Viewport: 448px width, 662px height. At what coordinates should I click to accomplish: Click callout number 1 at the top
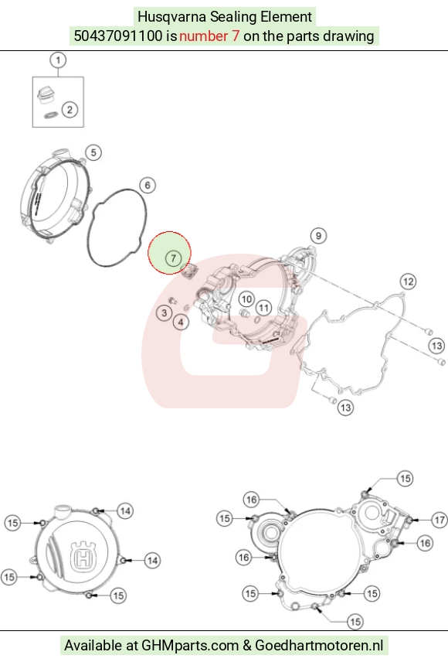click(58, 60)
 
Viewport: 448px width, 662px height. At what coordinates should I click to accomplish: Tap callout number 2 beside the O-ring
click(70, 110)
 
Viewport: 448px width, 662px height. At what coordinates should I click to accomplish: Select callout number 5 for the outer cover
click(93, 152)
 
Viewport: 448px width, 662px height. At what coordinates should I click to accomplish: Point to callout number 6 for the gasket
click(148, 185)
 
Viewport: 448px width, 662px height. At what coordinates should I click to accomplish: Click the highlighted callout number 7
click(173, 258)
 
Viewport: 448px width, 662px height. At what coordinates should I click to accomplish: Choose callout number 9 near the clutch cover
click(318, 236)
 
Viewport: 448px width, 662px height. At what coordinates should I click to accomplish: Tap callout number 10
click(246, 299)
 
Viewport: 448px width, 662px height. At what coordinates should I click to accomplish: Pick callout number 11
click(264, 307)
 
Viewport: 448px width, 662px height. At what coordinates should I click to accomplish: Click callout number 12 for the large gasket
click(408, 282)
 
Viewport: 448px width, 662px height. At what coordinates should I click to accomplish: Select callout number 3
click(164, 313)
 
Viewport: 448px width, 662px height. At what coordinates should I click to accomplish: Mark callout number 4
click(181, 322)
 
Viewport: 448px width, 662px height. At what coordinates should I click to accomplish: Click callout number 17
click(440, 519)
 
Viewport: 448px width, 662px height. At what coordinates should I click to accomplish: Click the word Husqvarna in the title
click(171, 17)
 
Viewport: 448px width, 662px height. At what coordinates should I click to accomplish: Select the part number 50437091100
click(117, 36)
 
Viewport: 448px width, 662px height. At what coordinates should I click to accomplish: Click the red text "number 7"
click(209, 36)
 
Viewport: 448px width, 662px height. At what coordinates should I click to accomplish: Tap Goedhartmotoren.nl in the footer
click(319, 646)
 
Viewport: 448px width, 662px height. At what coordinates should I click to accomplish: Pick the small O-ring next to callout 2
click(51, 114)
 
